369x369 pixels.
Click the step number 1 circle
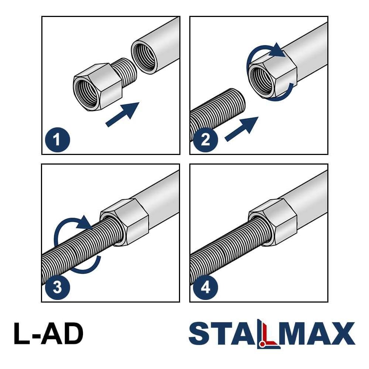58,139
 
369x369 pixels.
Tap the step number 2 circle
206,139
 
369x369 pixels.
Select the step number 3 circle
58,287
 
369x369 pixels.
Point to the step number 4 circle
206,287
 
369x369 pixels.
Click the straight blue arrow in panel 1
123,114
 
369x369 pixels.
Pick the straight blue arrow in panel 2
242,129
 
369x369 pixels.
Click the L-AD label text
48,334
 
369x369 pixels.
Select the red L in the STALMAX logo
268,336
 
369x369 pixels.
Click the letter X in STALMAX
343,334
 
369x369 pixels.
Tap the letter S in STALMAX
199,334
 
